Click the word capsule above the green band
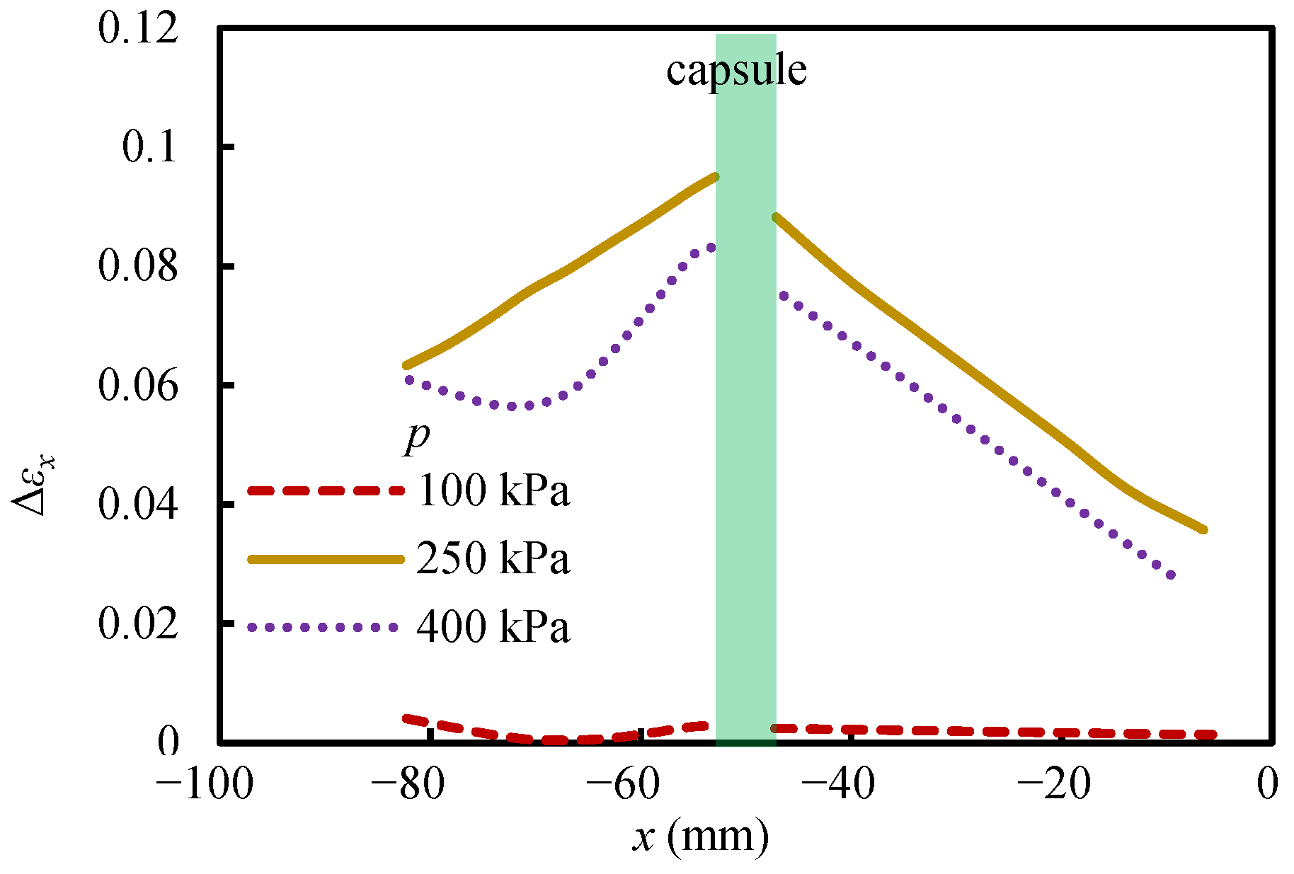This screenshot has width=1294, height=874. [736, 71]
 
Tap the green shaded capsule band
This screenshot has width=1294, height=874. [746, 389]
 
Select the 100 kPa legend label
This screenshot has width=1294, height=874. [493, 489]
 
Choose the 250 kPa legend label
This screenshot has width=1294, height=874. [493, 558]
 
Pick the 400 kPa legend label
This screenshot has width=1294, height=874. [493, 626]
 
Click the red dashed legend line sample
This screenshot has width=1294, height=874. [326, 490]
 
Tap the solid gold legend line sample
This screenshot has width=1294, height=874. [326, 559]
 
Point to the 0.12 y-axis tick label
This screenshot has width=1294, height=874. [139, 30]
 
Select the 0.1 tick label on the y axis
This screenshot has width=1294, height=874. [149, 148]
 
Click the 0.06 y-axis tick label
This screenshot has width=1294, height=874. [139, 386]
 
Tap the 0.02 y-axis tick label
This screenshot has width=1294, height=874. [139, 624]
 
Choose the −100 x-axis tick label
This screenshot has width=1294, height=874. [205, 783]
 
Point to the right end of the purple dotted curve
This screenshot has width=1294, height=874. [1171, 575]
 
